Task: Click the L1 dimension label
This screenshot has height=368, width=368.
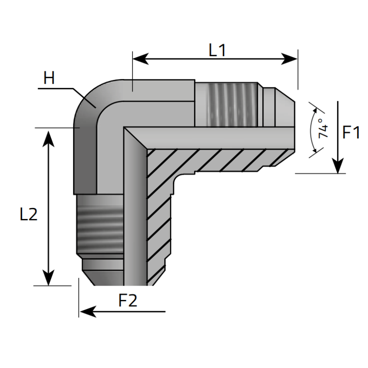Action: point(217,50)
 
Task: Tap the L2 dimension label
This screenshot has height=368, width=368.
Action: point(29,214)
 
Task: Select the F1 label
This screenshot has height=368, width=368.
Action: point(351,133)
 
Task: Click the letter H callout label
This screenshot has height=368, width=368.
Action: point(49,78)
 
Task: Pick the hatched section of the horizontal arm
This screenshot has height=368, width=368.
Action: point(216,159)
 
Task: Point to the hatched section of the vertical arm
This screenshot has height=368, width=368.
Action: point(159,216)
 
